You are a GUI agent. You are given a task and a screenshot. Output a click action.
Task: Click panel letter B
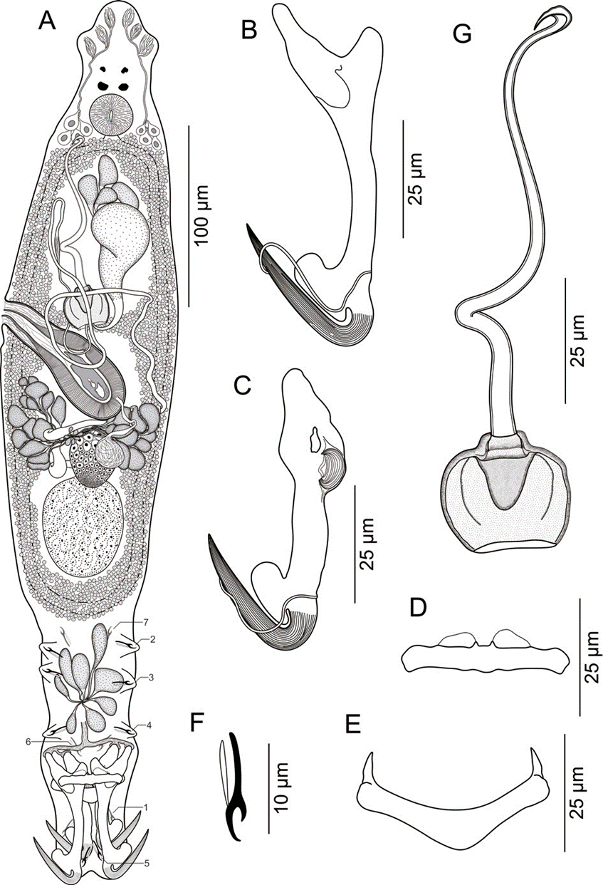249,31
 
